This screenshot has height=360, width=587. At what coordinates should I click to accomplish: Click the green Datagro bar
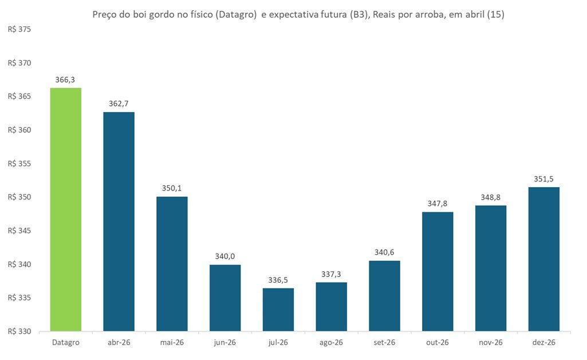pyautogui.click(x=66, y=209)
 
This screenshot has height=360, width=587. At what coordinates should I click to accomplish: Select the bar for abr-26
pyautogui.click(x=119, y=221)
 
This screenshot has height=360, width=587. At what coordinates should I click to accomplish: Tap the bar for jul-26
pyautogui.click(x=278, y=310)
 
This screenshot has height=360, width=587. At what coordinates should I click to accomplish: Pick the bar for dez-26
pyautogui.click(x=544, y=259)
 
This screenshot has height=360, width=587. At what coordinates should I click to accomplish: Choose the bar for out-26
pyautogui.click(x=438, y=272)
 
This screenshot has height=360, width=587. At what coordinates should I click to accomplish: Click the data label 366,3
pyautogui.click(x=66, y=80)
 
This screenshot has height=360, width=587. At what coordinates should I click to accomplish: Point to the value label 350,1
pyautogui.click(x=172, y=188)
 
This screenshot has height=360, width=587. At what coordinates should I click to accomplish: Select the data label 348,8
pyautogui.click(x=491, y=197)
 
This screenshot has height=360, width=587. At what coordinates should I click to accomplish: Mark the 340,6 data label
pyautogui.click(x=385, y=252)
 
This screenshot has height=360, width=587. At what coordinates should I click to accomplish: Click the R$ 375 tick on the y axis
pyautogui.click(x=20, y=30)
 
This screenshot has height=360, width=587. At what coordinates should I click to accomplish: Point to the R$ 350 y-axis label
pyautogui.click(x=20, y=197)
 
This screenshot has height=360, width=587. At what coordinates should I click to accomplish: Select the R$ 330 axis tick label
pyautogui.click(x=20, y=331)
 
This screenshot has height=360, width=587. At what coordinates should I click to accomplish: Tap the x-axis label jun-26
pyautogui.click(x=225, y=342)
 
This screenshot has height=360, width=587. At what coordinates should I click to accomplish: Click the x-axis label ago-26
pyautogui.click(x=332, y=342)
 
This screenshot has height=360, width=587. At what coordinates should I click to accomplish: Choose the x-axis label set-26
pyautogui.click(x=385, y=342)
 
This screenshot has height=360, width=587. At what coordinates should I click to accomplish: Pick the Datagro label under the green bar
pyautogui.click(x=66, y=342)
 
